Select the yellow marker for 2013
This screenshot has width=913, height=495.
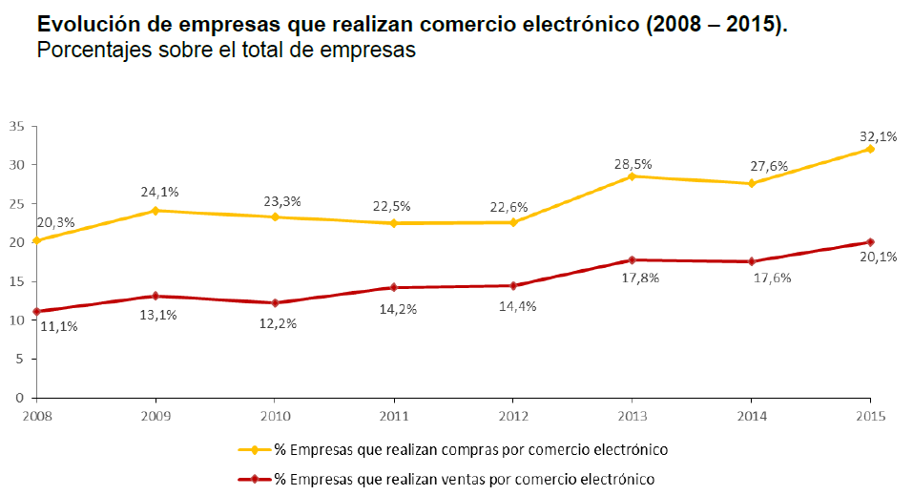[632, 176]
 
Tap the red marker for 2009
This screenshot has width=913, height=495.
[156, 296]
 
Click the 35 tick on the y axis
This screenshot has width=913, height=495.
[17, 126]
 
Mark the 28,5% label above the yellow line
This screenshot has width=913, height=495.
[633, 164]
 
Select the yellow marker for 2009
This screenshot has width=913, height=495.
[156, 211]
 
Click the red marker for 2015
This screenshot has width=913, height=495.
[870, 242]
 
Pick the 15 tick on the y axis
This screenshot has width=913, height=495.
[17, 281]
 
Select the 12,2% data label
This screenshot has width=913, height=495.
[279, 323]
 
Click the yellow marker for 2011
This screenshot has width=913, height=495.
[393, 223]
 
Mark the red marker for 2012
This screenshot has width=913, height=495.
[512, 285]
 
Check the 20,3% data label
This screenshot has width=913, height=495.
[54, 223]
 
